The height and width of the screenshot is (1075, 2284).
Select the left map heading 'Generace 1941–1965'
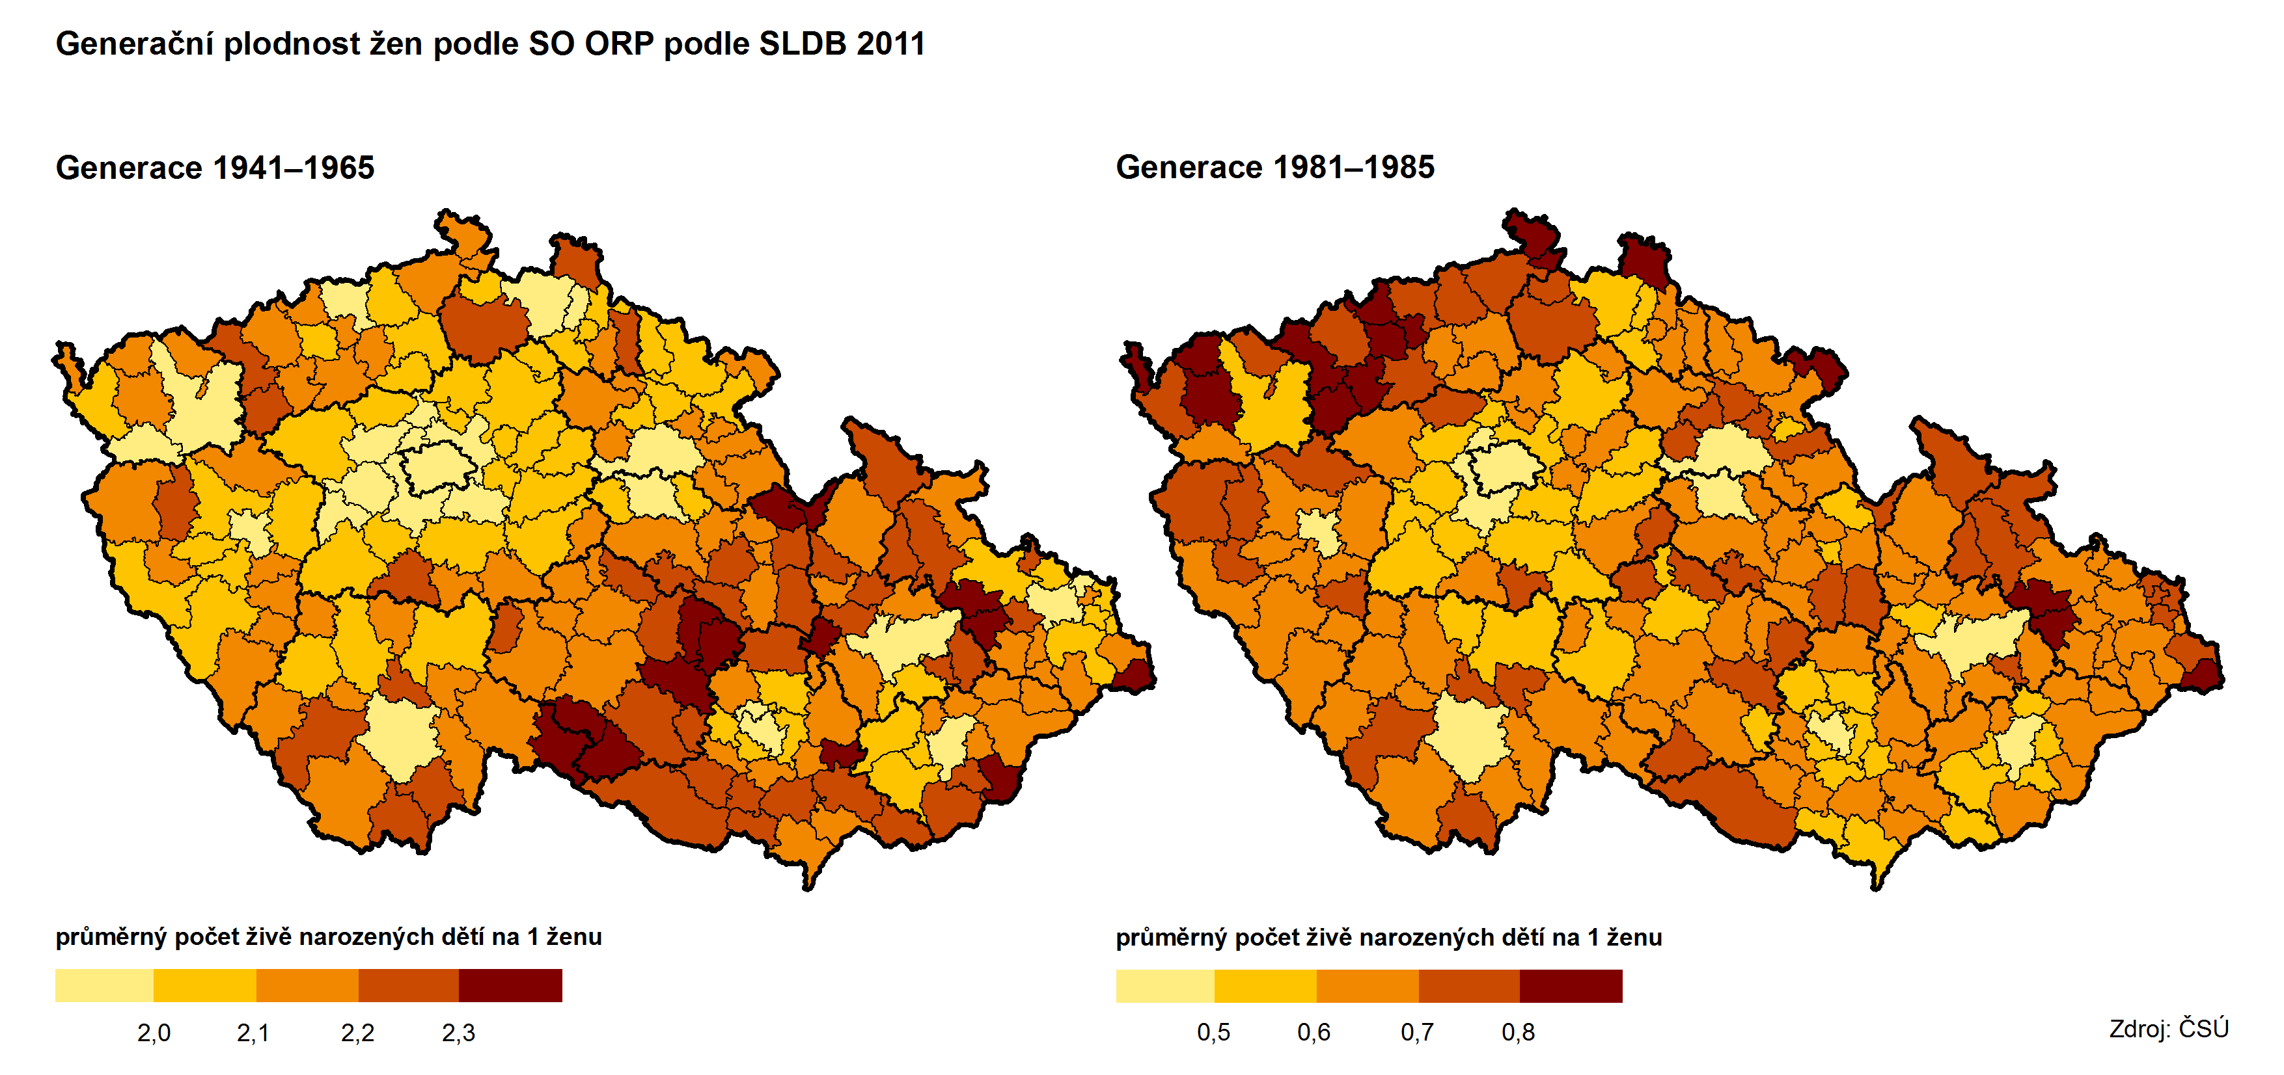[x=215, y=168]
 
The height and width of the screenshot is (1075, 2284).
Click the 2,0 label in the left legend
[x=154, y=1033]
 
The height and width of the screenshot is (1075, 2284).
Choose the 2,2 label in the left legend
[x=357, y=1033]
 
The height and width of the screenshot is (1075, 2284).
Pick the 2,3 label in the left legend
[x=458, y=1033]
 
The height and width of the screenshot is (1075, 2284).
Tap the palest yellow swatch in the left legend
[x=103, y=985]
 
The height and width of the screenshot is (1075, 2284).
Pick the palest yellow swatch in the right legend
[x=1164, y=985]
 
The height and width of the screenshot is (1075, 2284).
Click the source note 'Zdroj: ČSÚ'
[x=2168, y=1029]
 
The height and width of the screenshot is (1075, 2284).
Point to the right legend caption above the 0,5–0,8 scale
[x=1388, y=936]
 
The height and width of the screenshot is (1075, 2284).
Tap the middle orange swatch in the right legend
[x=1367, y=985]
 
